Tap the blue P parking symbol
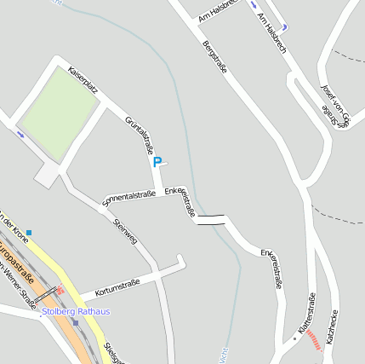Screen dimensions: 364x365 pos(157,161)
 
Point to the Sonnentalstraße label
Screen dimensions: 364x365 pos(128,199)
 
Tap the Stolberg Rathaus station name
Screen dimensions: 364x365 pos(76,312)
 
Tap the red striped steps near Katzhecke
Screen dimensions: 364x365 pos(315,339)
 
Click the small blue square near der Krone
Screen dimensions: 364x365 pos(29,232)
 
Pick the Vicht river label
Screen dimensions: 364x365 pos(225,354)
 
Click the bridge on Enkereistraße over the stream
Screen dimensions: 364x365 pos(210,220)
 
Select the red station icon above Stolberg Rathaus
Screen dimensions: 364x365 pos(59,292)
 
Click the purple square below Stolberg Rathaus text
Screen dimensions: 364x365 pos(75,322)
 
